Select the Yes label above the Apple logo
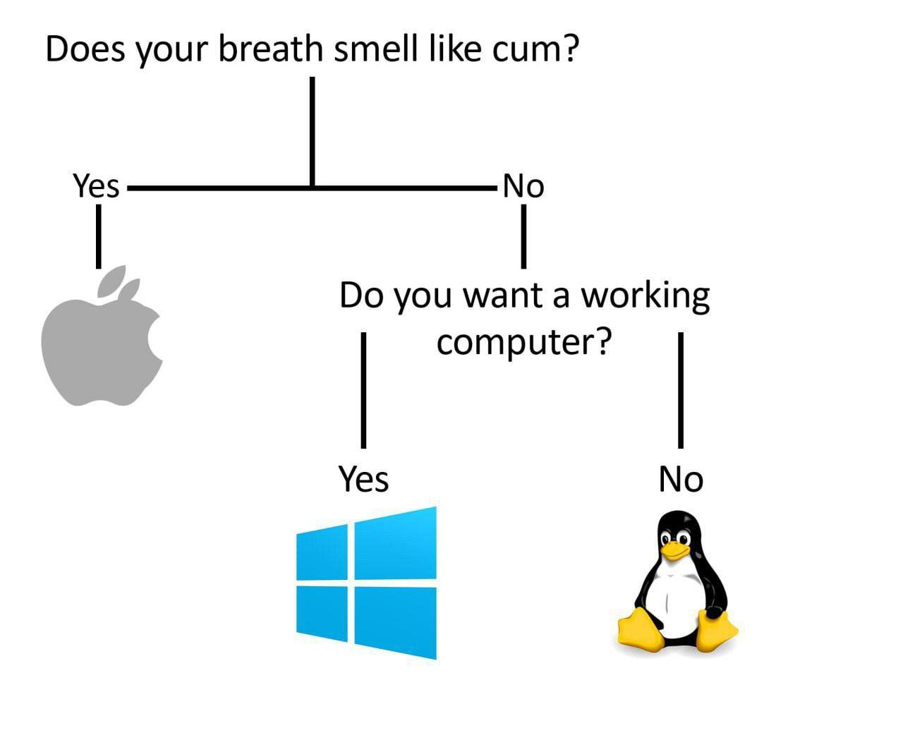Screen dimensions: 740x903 tap(96, 186)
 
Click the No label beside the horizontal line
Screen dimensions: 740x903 tap(523, 187)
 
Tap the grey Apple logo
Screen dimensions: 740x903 tap(99, 349)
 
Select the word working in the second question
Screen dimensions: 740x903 tap(645, 296)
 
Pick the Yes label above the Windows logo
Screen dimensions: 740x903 tap(363, 479)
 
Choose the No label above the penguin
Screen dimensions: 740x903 tap(681, 480)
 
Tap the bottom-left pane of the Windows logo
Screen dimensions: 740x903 tap(322, 613)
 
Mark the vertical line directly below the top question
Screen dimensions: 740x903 tap(312, 131)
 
